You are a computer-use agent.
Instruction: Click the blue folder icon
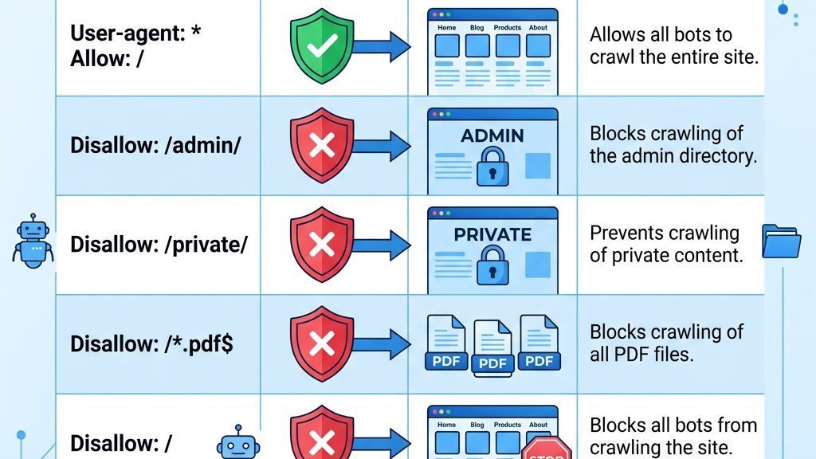pyautogui.click(x=781, y=241)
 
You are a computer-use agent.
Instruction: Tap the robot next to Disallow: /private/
pyautogui.click(x=33, y=241)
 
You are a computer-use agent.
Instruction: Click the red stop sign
pyautogui.click(x=547, y=450)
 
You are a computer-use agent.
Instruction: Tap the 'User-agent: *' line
pyautogui.click(x=135, y=34)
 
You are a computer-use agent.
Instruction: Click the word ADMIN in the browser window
pyautogui.click(x=492, y=135)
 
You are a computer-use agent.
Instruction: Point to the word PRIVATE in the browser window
pyautogui.click(x=492, y=234)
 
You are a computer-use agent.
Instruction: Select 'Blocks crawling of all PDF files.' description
pyautogui.click(x=666, y=343)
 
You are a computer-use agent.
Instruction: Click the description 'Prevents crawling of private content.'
pyautogui.click(x=665, y=244)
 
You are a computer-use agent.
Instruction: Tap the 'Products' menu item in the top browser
pyautogui.click(x=508, y=27)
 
